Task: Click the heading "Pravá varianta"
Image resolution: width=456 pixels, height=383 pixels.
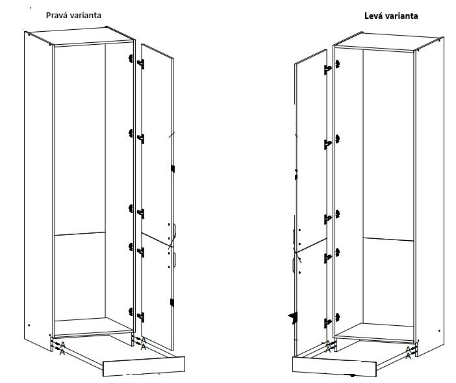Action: pos(73,14)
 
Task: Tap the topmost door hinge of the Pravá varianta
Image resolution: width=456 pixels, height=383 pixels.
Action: pos(139,62)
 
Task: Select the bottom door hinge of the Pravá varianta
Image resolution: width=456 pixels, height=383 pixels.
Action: pos(139,316)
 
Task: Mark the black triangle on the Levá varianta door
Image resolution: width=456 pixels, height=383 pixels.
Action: pos(292,316)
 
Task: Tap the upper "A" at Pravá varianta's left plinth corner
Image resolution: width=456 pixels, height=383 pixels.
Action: pos(63,345)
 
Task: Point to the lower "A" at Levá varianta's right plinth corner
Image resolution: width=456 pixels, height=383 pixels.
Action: pos(408,355)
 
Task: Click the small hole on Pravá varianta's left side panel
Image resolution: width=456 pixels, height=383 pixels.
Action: pos(29,324)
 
